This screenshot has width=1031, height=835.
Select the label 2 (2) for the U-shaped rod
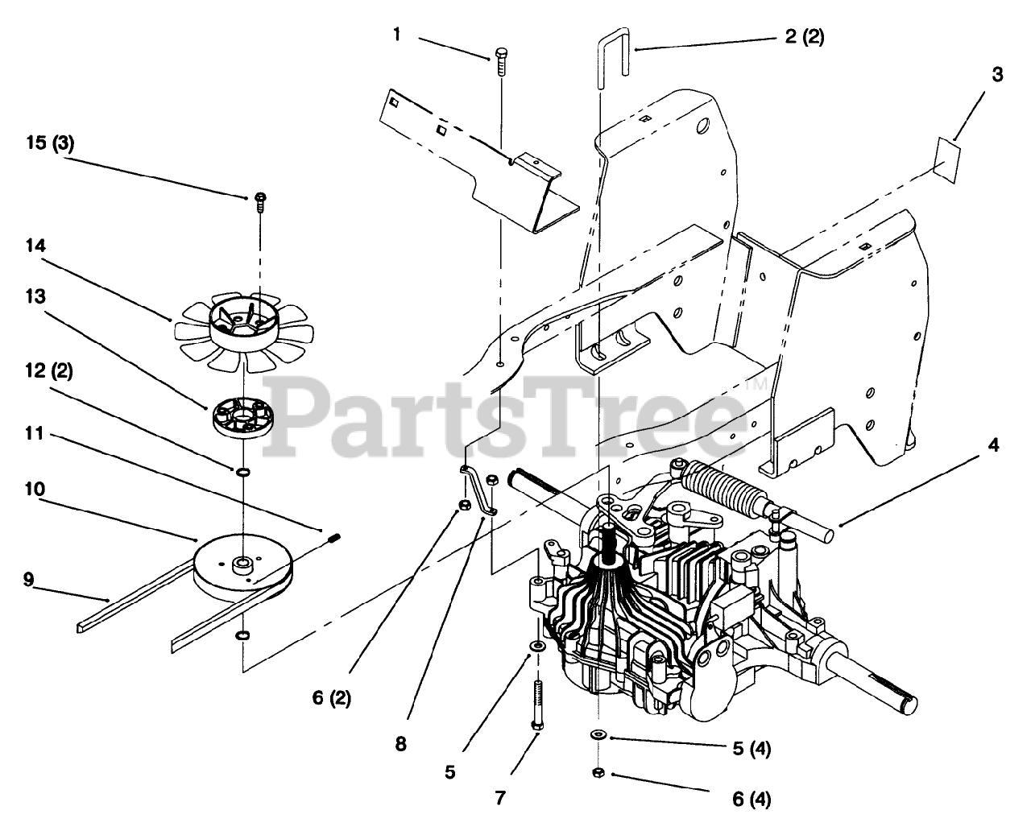[801, 36]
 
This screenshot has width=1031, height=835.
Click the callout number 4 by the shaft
[993, 444]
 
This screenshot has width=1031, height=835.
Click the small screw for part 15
[260, 202]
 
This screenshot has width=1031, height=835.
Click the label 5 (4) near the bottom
[750, 748]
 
